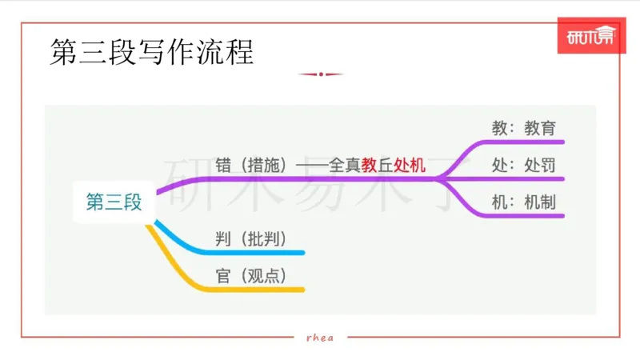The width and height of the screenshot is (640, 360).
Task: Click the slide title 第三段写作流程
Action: [x=151, y=54]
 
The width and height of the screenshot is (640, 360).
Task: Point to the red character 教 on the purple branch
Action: [x=369, y=166]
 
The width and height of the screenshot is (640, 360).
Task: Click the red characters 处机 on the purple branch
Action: [x=410, y=166]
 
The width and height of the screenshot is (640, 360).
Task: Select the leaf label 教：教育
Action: [x=523, y=127]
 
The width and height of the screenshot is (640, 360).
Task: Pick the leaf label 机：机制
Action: [x=523, y=202]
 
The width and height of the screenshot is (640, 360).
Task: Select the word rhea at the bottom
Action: [x=320, y=337]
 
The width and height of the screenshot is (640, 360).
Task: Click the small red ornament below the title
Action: [x=320, y=74]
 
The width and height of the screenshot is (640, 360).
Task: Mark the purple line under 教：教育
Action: [x=520, y=142]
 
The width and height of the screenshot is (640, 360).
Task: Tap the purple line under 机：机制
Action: [x=520, y=216]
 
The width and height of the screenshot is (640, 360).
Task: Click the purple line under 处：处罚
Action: [x=520, y=178]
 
